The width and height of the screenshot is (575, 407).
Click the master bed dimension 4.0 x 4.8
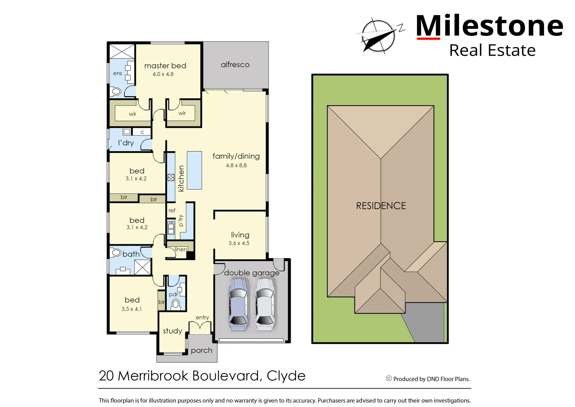163,74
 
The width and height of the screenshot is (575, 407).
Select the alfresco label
235,65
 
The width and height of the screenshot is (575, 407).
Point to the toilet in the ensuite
116,91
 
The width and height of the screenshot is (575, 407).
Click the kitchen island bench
194,170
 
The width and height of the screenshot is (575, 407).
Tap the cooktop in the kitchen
171,177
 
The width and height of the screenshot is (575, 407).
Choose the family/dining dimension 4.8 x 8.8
236,165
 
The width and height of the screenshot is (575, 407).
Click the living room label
240,235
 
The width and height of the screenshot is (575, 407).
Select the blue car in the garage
238,304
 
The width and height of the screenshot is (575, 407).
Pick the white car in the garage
265,304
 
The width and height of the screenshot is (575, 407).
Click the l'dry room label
126,143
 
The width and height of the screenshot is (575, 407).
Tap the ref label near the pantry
172,211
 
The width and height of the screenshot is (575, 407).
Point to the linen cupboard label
181,249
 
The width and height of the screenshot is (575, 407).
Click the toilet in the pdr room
175,304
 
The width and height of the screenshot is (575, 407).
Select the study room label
172,331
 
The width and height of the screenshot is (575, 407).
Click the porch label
201,350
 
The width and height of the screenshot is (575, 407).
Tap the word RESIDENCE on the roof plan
381,206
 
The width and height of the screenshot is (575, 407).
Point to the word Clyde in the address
286,376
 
